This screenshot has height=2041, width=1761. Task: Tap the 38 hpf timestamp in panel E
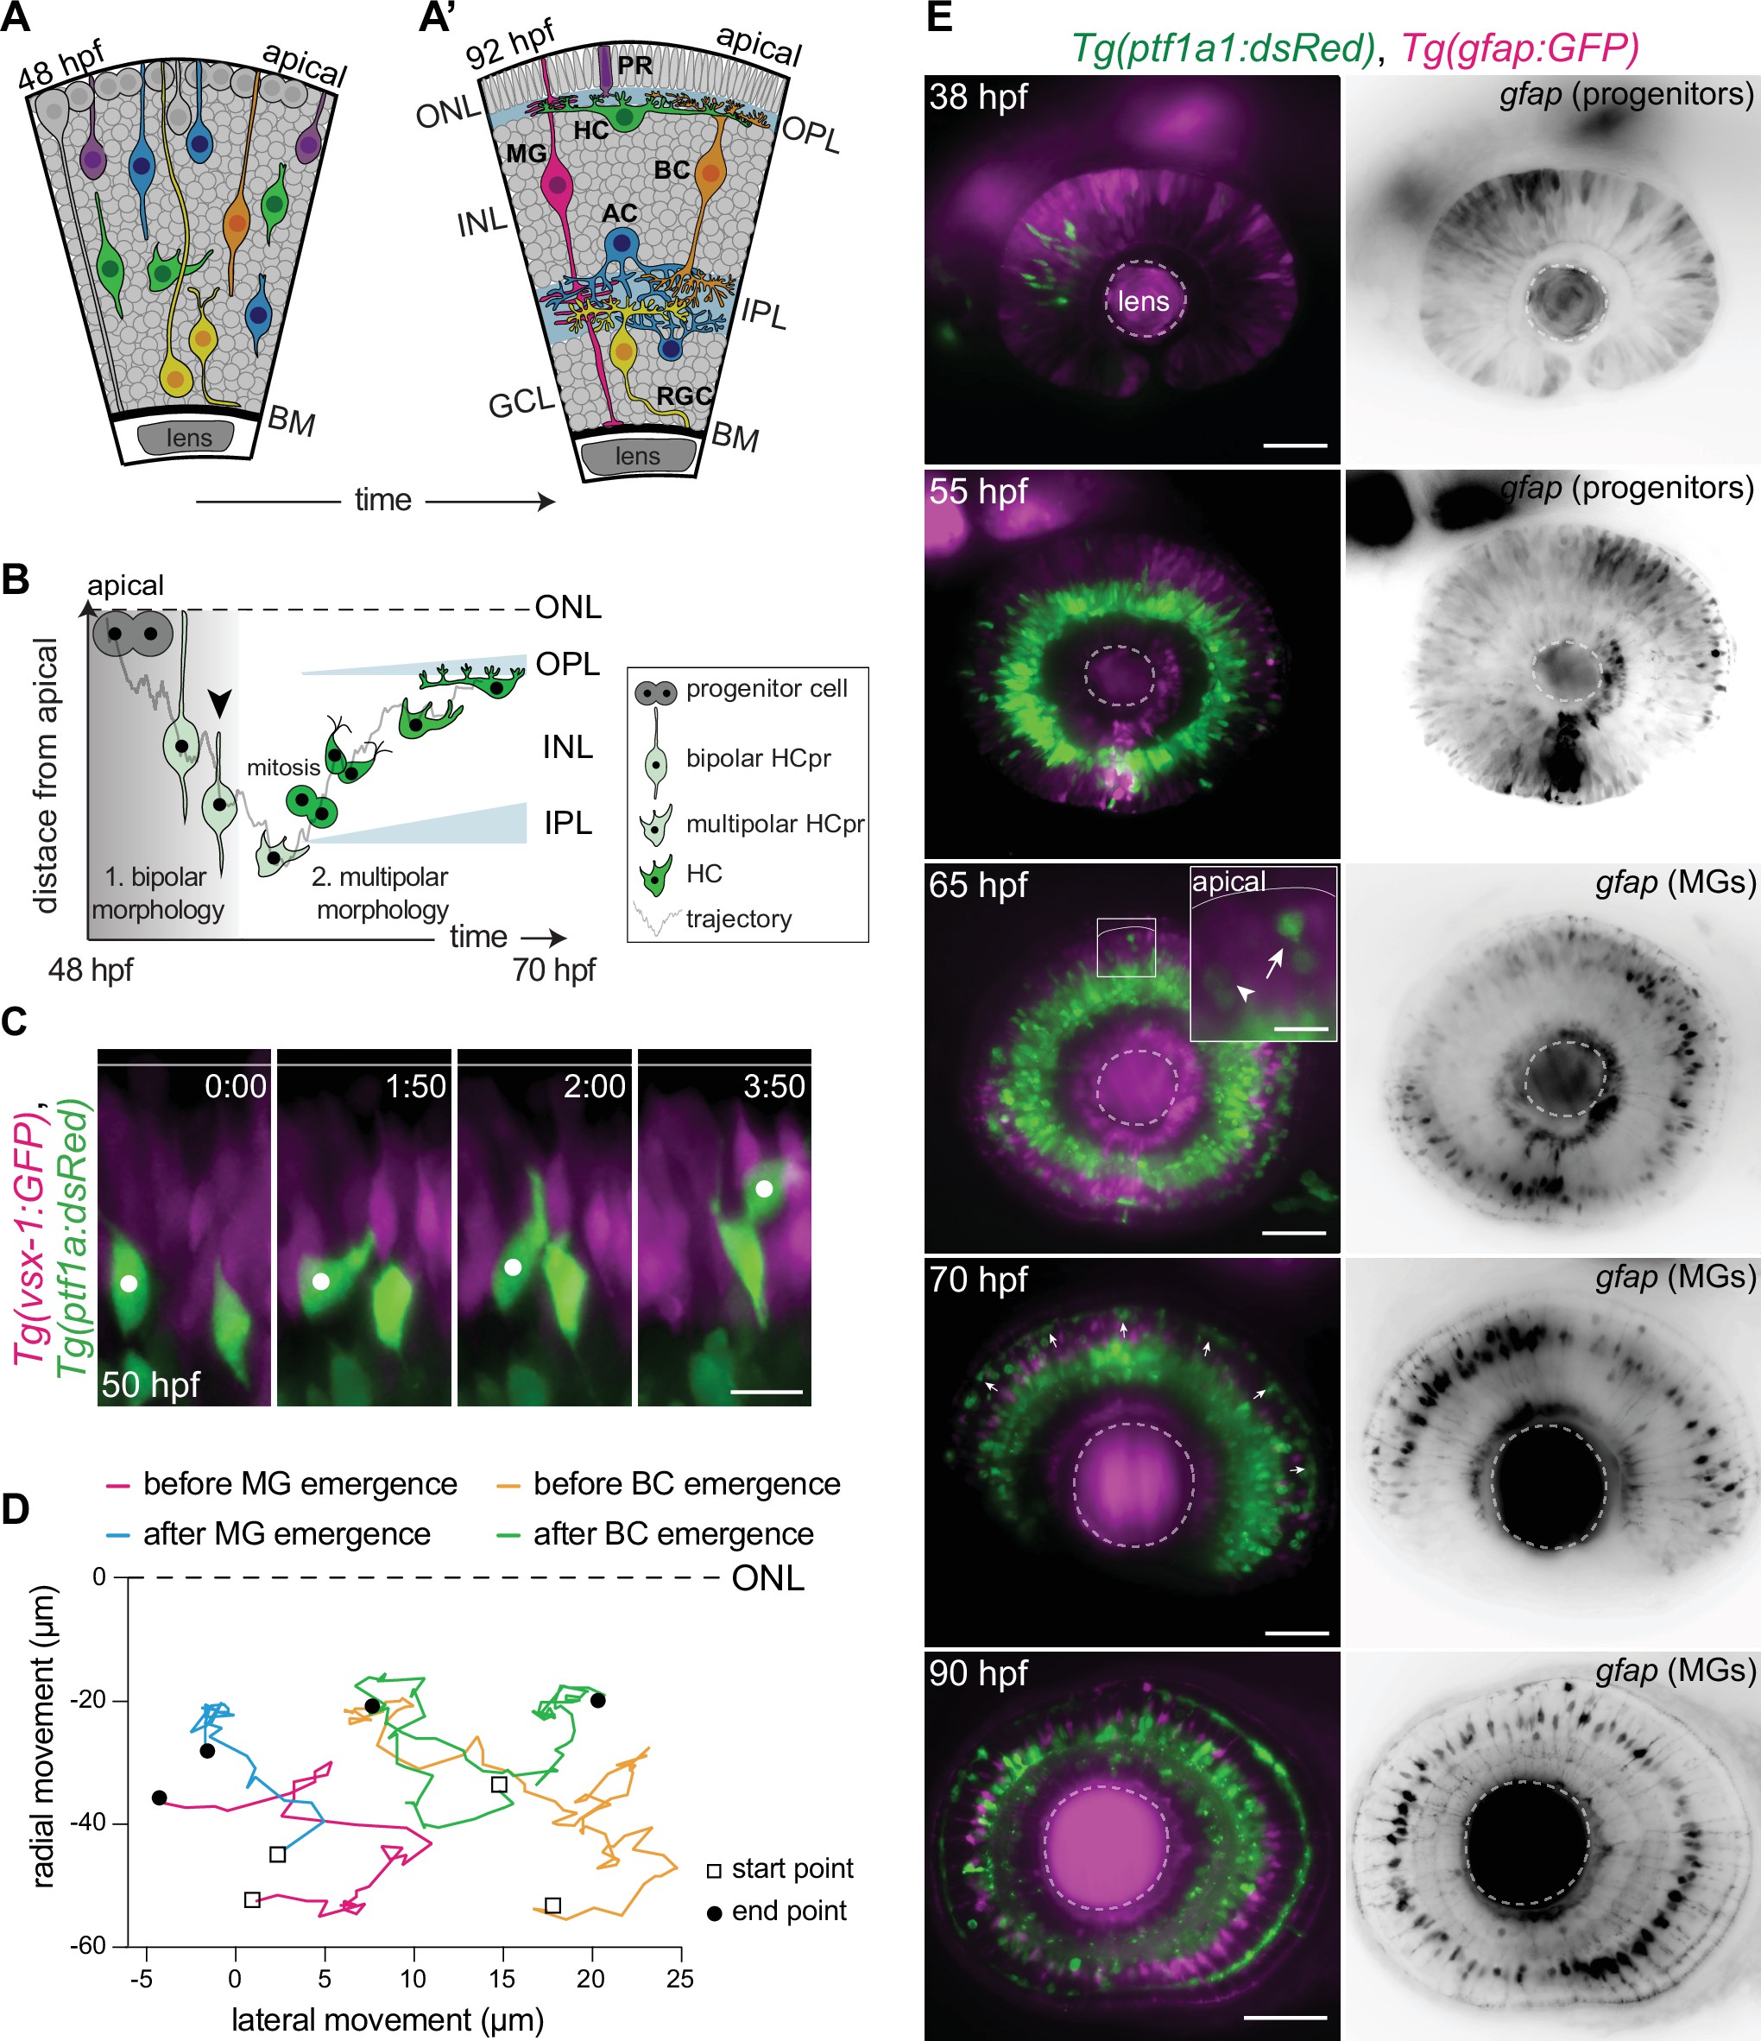(978, 97)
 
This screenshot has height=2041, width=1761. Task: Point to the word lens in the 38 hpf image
(1142, 301)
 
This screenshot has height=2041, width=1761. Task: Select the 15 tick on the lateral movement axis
(502, 1978)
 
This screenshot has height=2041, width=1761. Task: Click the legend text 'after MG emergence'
(287, 1533)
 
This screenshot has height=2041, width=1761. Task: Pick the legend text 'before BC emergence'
(686, 1483)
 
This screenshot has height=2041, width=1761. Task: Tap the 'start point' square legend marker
(715, 1869)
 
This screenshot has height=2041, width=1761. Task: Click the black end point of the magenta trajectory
(160, 1798)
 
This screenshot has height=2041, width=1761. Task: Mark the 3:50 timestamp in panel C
(773, 1085)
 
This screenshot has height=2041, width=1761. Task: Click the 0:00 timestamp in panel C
(236, 1085)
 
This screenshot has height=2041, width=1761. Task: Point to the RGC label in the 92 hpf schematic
(684, 396)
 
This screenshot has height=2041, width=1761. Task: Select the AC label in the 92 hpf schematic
(620, 214)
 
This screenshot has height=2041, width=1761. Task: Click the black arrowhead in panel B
(221, 702)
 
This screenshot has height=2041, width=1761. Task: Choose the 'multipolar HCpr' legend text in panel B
(774, 824)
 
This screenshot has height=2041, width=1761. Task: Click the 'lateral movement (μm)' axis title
(387, 2019)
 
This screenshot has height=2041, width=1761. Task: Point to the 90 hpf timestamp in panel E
(978, 1672)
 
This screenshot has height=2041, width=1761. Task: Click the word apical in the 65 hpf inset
(1228, 881)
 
